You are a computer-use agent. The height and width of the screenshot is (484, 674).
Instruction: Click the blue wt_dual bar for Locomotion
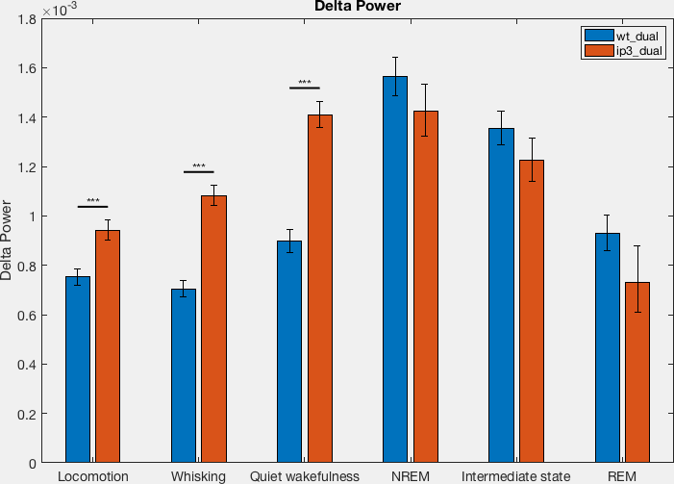click(x=78, y=369)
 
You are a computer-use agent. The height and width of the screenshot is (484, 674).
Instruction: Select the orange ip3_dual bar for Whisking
click(x=213, y=329)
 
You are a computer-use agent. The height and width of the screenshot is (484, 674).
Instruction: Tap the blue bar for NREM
click(x=395, y=269)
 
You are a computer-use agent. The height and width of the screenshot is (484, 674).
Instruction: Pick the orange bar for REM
click(x=637, y=372)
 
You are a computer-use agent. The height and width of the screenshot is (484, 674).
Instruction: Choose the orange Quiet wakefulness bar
click(x=320, y=289)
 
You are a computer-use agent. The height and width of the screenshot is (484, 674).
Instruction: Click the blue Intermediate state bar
click(x=501, y=295)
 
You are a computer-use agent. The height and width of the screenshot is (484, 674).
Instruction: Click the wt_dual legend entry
click(x=621, y=36)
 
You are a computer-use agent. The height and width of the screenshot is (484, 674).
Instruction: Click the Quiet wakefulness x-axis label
click(x=305, y=476)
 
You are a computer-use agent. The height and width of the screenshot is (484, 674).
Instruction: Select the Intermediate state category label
click(x=515, y=476)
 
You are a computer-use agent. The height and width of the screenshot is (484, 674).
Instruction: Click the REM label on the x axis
click(x=622, y=476)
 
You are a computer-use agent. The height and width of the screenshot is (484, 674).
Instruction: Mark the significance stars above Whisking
click(x=199, y=166)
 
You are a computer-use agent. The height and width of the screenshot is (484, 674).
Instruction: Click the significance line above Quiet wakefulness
click(x=305, y=88)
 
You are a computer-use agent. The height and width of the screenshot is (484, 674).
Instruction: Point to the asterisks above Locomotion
click(x=93, y=201)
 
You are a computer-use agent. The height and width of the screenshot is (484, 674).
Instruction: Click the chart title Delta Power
click(x=358, y=6)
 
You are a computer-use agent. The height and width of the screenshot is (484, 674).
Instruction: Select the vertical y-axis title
click(x=6, y=241)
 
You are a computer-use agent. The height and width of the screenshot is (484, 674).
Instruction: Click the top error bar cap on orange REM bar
click(x=637, y=245)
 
